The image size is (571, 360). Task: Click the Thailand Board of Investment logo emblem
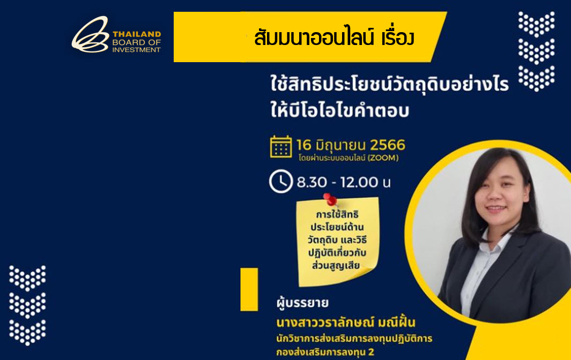pos(90,35)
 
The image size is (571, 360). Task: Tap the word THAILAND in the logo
pos(136,34)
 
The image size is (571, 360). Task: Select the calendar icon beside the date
pos(281,146)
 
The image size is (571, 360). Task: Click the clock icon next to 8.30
pos(280,182)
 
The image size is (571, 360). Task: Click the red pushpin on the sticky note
pos(329,200)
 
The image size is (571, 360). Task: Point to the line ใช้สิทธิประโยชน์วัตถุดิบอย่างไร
pos(389,86)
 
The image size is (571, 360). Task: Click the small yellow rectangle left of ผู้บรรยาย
pos(249,289)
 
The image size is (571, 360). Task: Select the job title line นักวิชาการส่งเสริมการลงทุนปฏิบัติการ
pos(354,339)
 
